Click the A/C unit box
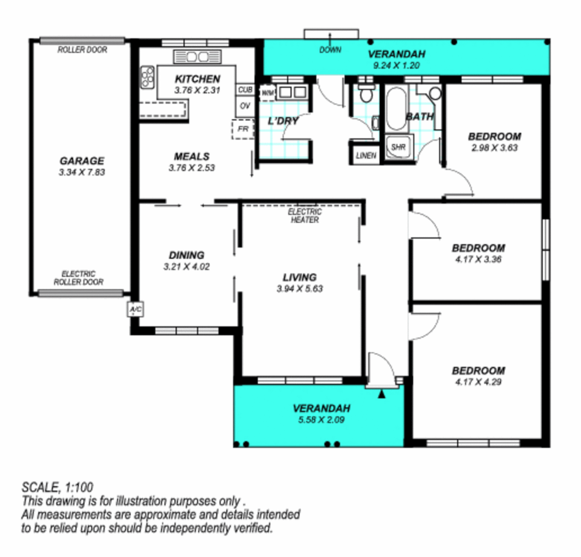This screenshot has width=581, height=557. pos(135,309)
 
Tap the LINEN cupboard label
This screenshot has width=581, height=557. pos(366,155)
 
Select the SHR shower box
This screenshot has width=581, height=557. pos(398,147)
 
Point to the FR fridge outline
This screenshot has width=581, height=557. pos(243,128)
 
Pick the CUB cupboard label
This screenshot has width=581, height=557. pos(245,90)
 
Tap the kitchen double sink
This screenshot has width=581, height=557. pos(197,57)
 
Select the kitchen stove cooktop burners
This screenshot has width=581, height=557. pos(148,77)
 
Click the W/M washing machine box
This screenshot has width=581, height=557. pos(267,93)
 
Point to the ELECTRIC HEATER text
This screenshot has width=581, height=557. pos(304,216)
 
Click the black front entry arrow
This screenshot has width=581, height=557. pos(382,395)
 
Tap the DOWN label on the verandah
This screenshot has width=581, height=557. pos(330,50)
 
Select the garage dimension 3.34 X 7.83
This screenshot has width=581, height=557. pos(82,172)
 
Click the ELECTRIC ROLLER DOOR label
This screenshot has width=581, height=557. pos(78,278)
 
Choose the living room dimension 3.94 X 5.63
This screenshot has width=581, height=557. pos(299,289)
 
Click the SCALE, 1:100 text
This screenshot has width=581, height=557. pos(57,486)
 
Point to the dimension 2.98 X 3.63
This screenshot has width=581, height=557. pos(494,148)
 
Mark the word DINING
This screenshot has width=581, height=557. pos(186,255)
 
